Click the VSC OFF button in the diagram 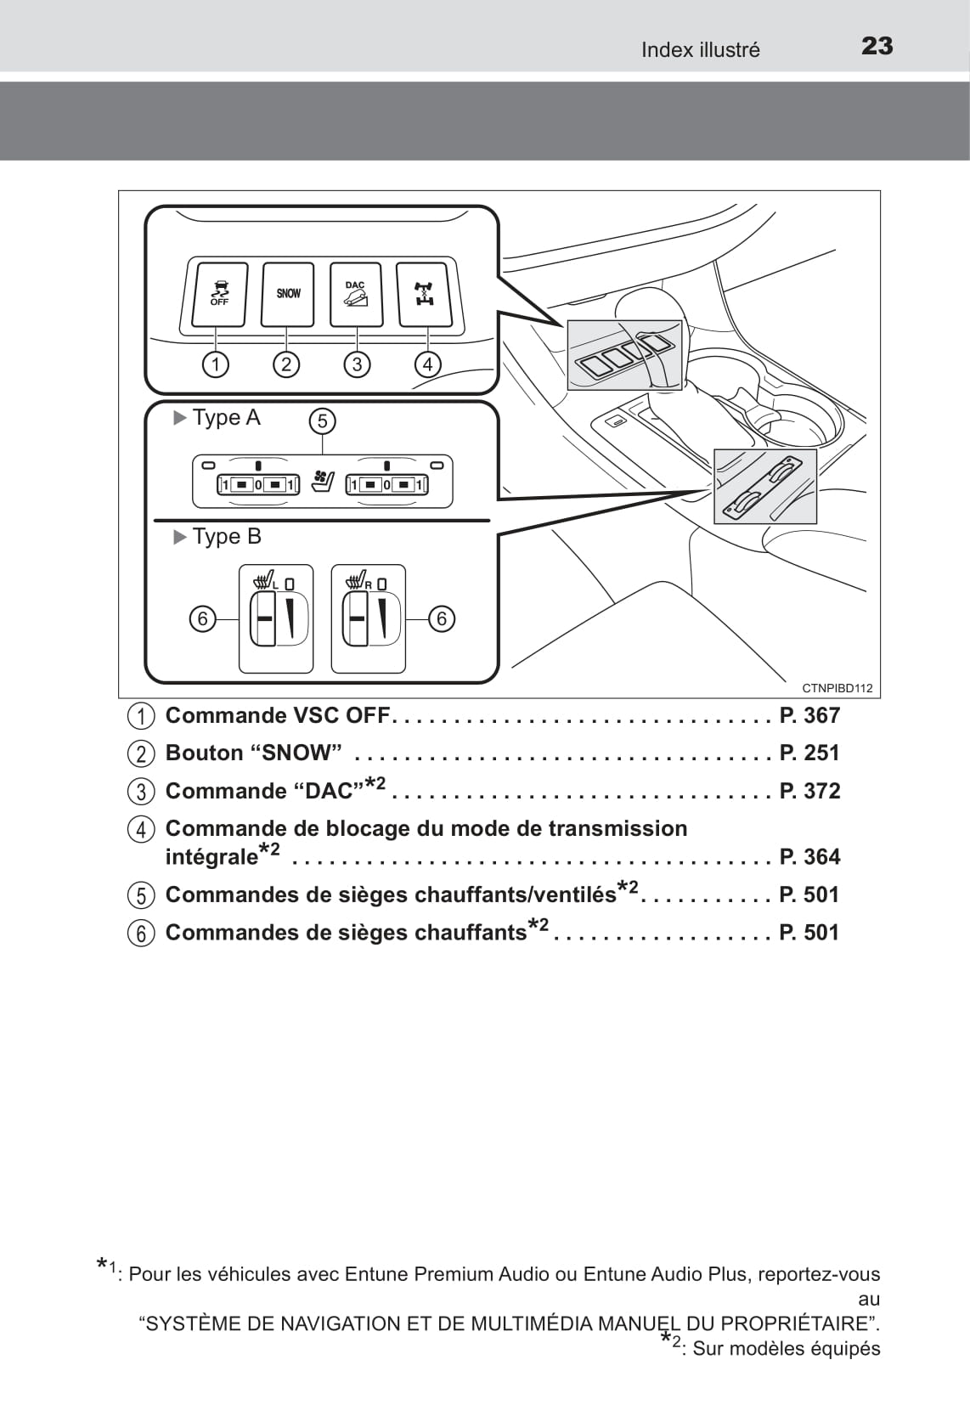click(219, 294)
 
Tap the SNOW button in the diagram click(288, 294)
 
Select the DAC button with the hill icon click(356, 294)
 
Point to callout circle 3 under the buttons click(357, 364)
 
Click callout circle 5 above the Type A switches click(322, 420)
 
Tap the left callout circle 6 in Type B click(202, 618)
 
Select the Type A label click(225, 417)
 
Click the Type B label click(226, 536)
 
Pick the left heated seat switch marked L click(275, 619)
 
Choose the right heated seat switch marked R click(368, 619)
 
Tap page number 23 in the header click(877, 46)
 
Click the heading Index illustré click(700, 50)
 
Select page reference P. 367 click(809, 715)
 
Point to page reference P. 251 click(809, 753)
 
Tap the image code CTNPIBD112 click(837, 688)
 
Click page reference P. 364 click(809, 856)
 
